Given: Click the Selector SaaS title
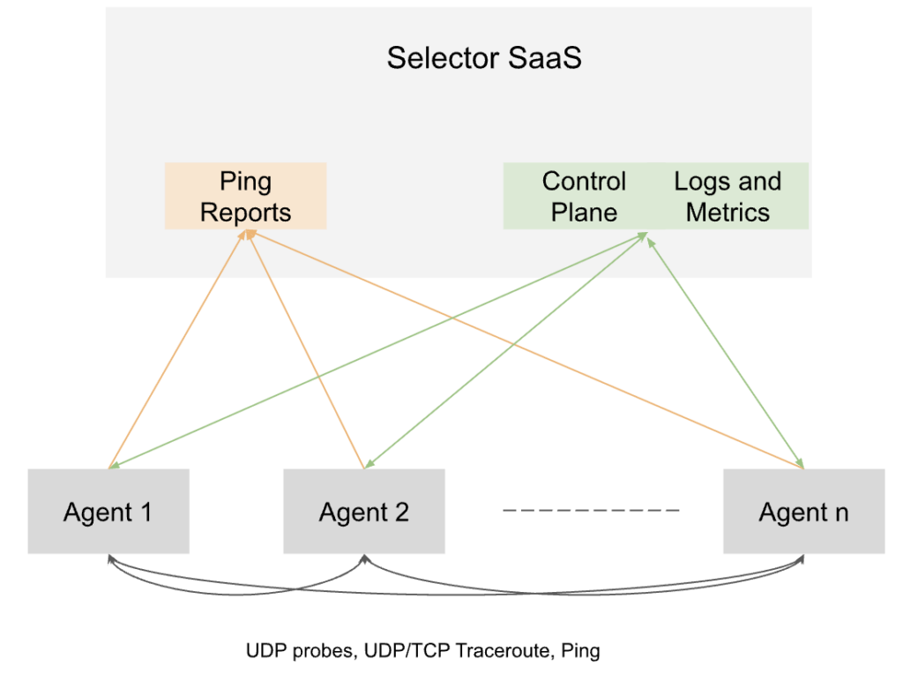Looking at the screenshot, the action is [x=484, y=57].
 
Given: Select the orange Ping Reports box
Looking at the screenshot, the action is [x=246, y=196].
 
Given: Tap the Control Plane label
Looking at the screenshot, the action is [x=584, y=197].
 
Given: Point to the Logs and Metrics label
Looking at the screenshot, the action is [x=728, y=197].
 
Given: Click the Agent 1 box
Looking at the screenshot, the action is [x=108, y=512].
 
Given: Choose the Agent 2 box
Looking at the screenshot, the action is [x=364, y=512].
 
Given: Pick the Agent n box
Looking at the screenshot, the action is [x=804, y=512].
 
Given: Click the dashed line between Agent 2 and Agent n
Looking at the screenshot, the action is [x=592, y=511].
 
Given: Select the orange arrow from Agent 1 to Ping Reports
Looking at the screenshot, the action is [x=177, y=349].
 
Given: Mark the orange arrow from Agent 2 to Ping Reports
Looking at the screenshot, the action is [x=306, y=349].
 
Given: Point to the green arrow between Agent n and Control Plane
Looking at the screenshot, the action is [x=726, y=353].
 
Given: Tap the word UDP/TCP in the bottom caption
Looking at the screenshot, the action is [x=407, y=651].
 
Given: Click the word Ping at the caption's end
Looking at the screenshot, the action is [x=580, y=652].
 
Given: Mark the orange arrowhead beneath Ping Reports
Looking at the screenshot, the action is [x=250, y=234].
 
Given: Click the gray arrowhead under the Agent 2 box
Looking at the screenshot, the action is [x=364, y=558].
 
